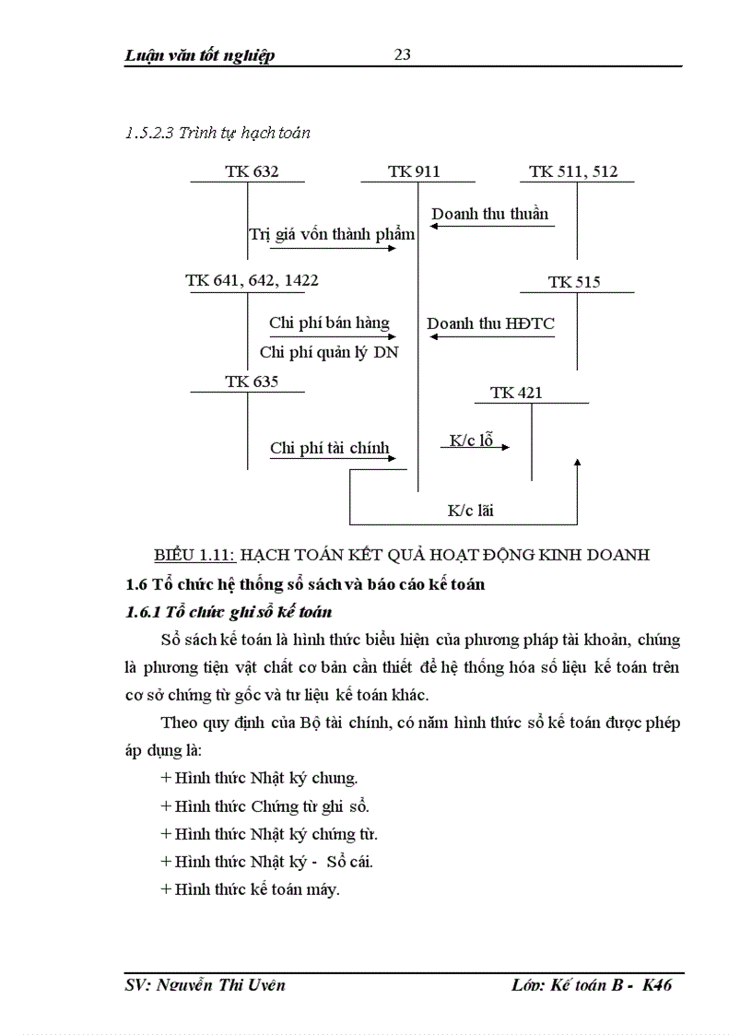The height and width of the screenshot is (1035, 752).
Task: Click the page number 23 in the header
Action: pos(403,54)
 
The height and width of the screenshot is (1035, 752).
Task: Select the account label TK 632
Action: pos(252,171)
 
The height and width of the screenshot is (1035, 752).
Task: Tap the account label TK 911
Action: pos(414,171)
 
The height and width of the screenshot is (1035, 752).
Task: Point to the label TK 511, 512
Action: pos(573,171)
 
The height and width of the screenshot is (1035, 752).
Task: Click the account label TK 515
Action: pos(574,282)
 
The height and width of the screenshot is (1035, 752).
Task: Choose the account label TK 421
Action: pos(516,393)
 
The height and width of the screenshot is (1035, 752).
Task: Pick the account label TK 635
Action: pos(252,382)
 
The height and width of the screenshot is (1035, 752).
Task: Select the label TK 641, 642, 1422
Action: pos(253,280)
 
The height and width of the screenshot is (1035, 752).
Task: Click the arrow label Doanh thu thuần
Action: pos(489,214)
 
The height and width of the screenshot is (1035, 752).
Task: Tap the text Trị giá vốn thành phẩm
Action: pos(332,234)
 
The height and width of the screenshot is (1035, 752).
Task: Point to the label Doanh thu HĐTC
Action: pos(490,323)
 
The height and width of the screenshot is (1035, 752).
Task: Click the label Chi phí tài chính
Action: pos(329,449)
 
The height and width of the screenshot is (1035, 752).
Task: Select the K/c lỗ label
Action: pos(471,441)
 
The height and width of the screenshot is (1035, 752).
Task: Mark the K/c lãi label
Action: pos(472,510)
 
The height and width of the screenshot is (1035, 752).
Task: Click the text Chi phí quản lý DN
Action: pos(329,352)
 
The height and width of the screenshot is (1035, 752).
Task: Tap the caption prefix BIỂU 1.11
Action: pos(195,555)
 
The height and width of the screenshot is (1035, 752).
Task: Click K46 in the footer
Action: pos(656,985)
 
